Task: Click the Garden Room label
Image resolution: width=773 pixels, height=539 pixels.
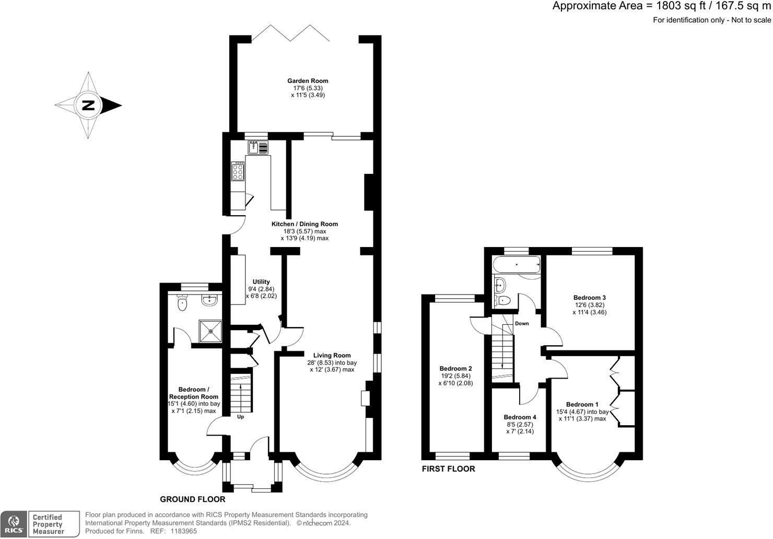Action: (308, 81)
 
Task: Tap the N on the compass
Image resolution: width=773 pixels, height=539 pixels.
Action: (88, 106)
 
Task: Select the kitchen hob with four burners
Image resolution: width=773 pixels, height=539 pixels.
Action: (238, 171)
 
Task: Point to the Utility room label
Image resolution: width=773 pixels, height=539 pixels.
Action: (261, 282)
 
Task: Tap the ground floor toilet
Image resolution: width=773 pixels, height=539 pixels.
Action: (182, 303)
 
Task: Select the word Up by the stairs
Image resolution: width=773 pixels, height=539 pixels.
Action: (241, 416)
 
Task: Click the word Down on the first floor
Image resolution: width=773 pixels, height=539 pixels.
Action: (522, 323)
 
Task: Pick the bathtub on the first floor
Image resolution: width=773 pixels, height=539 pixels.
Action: (517, 265)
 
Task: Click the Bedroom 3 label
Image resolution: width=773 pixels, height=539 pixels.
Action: (589, 298)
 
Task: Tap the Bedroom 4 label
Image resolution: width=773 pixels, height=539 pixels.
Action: (520, 417)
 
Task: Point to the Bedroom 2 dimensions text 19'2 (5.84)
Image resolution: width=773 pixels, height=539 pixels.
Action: (455, 376)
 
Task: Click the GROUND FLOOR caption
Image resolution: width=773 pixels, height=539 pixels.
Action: (193, 499)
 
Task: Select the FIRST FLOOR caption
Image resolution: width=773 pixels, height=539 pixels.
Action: (448, 468)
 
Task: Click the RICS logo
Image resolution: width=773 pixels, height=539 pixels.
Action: (14, 524)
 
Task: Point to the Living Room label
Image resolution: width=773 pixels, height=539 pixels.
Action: (332, 355)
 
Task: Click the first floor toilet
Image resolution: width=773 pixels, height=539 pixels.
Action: (501, 300)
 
